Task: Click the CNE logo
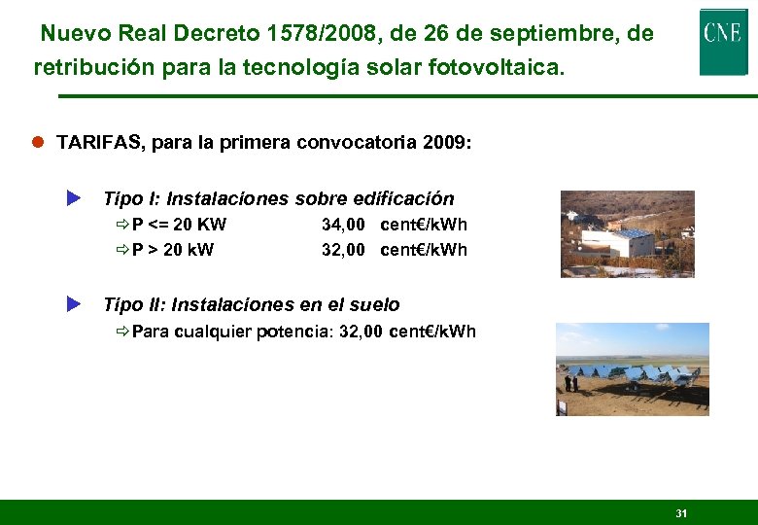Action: coord(723,40)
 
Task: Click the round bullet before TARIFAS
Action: coord(38,143)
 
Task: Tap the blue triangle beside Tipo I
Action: coord(72,198)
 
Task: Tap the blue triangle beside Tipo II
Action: coord(72,304)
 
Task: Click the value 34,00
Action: coord(343,225)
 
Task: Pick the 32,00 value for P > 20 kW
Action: coord(343,250)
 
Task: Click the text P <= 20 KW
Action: coord(179,225)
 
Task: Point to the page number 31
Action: coord(680,512)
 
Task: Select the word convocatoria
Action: coord(355,143)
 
